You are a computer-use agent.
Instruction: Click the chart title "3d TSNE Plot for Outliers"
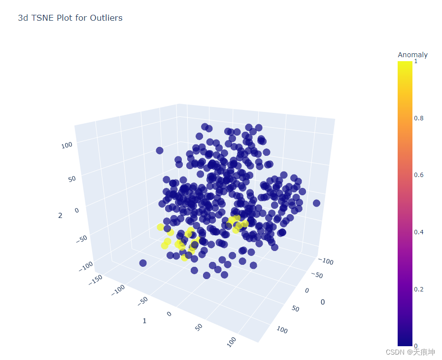[70, 18]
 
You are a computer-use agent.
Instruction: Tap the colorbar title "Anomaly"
[412, 55]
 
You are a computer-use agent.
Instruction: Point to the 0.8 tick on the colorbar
[419, 118]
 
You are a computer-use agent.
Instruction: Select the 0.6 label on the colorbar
[419, 175]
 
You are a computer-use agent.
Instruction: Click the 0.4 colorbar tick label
[419, 232]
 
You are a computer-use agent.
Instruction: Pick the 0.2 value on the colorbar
[419, 289]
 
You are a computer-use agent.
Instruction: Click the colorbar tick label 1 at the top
[416, 61]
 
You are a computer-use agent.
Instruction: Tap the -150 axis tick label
[96, 280]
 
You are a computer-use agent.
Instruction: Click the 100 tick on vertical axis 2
[67, 145]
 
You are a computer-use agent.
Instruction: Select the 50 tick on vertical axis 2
[72, 179]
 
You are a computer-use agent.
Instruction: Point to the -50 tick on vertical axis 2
[82, 239]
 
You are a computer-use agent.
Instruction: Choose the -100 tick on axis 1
[118, 290]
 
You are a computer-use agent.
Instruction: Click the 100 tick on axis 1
[232, 342]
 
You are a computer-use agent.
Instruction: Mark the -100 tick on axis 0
[326, 261]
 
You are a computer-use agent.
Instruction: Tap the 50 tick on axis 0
[296, 308]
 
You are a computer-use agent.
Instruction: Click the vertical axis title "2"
[60, 216]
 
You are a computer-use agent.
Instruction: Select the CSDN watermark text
[410, 352]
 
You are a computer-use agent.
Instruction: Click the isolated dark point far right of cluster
[316, 203]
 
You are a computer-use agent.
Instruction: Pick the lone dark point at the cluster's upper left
[160, 150]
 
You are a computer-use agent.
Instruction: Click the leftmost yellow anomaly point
[161, 227]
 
